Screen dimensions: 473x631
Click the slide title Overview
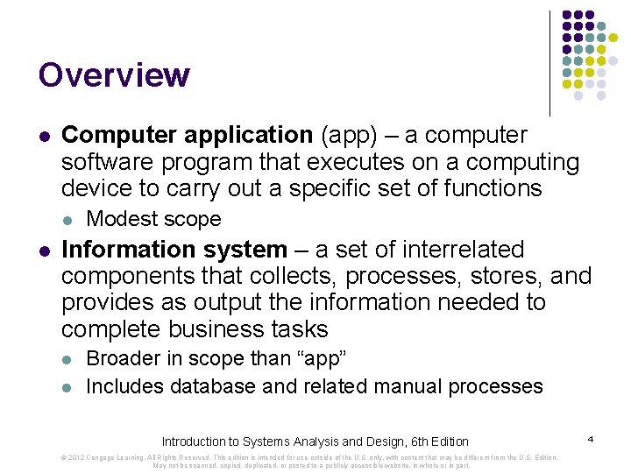114,75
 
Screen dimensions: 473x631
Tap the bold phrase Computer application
187,136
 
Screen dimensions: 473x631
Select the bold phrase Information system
174,250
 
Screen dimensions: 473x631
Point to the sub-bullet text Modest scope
153,219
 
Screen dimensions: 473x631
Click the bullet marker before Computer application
44,137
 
